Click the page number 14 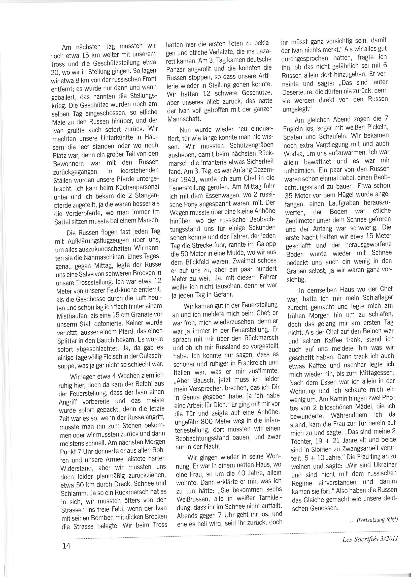coord(66,546)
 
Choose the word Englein coord(294,129)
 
